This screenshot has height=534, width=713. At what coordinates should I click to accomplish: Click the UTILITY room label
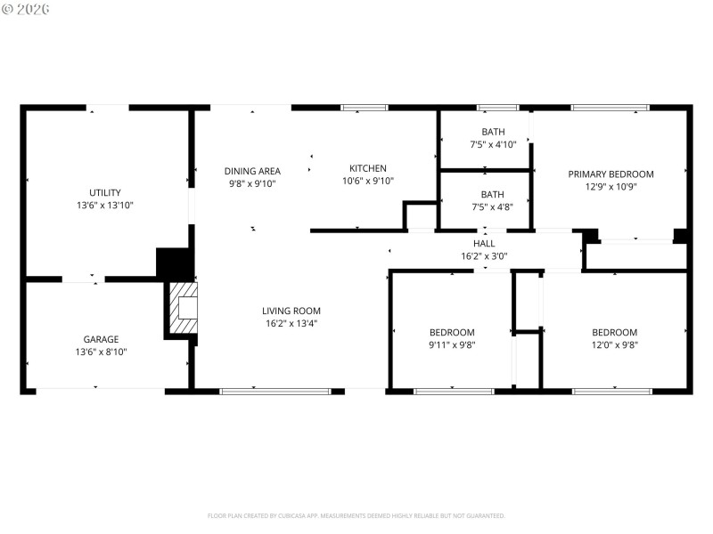(x=105, y=192)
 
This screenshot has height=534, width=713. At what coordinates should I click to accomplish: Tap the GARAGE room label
(x=102, y=339)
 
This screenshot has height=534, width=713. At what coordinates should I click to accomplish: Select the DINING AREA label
(x=252, y=171)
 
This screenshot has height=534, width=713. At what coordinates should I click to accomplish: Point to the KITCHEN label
(x=368, y=168)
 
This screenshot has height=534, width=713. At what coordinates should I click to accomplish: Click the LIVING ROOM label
(x=291, y=311)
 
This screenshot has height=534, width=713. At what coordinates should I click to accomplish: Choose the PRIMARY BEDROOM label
(x=611, y=174)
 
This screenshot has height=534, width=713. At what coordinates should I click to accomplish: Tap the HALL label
(x=484, y=243)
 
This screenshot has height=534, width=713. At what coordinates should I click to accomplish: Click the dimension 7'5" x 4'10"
(x=493, y=144)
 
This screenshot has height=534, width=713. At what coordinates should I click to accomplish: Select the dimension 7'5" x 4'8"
(x=492, y=206)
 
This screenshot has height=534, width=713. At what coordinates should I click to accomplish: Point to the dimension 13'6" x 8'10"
(x=102, y=352)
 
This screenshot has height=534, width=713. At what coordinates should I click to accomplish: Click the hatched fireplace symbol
(x=182, y=310)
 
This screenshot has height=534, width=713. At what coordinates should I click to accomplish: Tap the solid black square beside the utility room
(x=174, y=263)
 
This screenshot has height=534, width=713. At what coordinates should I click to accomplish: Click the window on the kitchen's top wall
(x=365, y=108)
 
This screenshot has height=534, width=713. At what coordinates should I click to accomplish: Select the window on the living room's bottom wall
(x=275, y=391)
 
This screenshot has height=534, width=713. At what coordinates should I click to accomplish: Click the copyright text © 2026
(x=26, y=8)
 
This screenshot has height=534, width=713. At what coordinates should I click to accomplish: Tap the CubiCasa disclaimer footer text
(x=356, y=515)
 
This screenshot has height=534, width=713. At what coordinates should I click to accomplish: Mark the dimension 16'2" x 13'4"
(x=291, y=324)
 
